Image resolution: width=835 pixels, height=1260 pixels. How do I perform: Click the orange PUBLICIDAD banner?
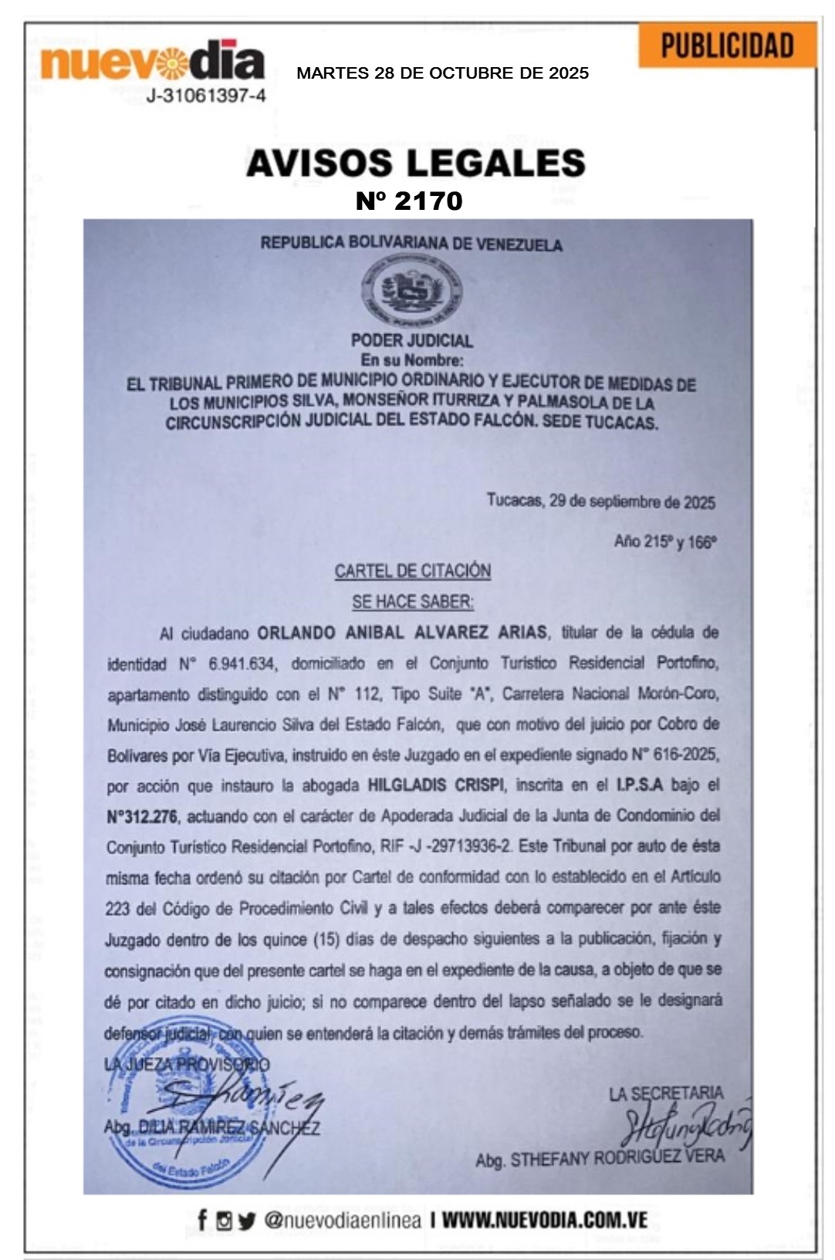tap(727, 46)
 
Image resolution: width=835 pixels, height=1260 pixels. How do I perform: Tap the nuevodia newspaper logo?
tap(152, 62)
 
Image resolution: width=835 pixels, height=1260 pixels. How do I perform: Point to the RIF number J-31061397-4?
tap(206, 96)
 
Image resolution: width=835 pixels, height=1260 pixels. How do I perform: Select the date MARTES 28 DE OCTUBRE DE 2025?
tap(442, 73)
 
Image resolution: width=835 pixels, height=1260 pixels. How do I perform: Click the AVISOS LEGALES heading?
tap(416, 164)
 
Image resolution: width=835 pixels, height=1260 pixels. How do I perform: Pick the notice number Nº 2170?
tap(409, 201)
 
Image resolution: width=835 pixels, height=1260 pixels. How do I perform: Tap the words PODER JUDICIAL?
tap(411, 340)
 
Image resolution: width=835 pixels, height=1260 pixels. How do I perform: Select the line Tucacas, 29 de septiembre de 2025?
tap(600, 501)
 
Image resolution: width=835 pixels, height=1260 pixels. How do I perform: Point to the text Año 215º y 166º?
tap(665, 542)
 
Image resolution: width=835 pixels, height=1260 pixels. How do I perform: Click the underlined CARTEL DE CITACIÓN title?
tap(413, 571)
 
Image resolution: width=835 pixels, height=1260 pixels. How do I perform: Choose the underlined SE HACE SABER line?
tap(413, 602)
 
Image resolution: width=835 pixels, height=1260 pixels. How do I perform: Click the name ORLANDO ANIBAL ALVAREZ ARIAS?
tap(402, 633)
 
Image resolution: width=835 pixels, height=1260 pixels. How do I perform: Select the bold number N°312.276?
tap(142, 816)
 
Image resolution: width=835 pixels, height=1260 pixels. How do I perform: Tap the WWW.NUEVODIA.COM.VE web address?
tap(544, 1221)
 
